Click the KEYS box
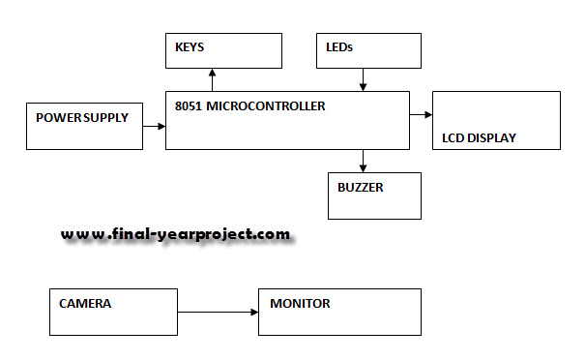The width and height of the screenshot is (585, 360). pyautogui.click(x=223, y=51)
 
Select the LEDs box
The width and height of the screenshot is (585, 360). pyautogui.click(x=368, y=50)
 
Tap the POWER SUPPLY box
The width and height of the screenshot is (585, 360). pyautogui.click(x=83, y=125)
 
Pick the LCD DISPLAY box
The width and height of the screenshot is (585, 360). pyautogui.click(x=496, y=120)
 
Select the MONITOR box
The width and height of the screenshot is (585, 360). pyautogui.click(x=338, y=311)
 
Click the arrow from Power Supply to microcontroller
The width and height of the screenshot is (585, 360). pyautogui.click(x=153, y=123)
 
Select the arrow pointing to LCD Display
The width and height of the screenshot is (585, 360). pyautogui.click(x=421, y=114)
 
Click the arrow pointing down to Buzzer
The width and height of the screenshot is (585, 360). pyautogui.click(x=363, y=161)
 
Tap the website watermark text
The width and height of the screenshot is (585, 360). pyautogui.click(x=175, y=234)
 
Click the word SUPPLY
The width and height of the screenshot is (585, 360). pyautogui.click(x=103, y=118)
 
